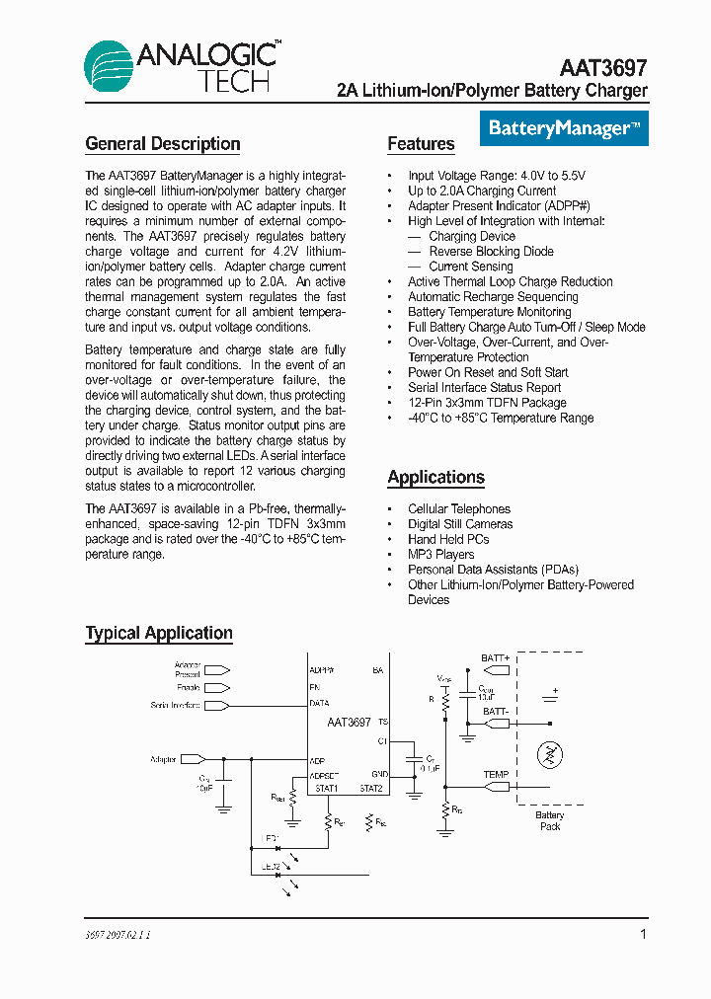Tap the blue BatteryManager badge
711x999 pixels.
(x=564, y=128)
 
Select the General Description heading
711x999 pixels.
(x=163, y=144)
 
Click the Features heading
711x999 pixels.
(x=421, y=144)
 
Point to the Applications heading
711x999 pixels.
(x=435, y=478)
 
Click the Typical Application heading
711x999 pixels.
(x=159, y=634)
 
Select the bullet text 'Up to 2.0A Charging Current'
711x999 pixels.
(x=482, y=191)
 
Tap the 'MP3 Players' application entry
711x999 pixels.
(x=440, y=555)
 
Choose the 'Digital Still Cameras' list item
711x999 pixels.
(x=460, y=524)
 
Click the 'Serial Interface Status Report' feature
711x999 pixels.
(x=484, y=388)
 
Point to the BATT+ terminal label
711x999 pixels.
(x=496, y=657)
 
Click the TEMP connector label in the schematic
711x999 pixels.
(x=496, y=775)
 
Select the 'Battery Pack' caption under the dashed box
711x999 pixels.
(x=550, y=820)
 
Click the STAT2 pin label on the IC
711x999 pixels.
(x=370, y=789)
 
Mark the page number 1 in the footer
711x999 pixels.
(x=643, y=934)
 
